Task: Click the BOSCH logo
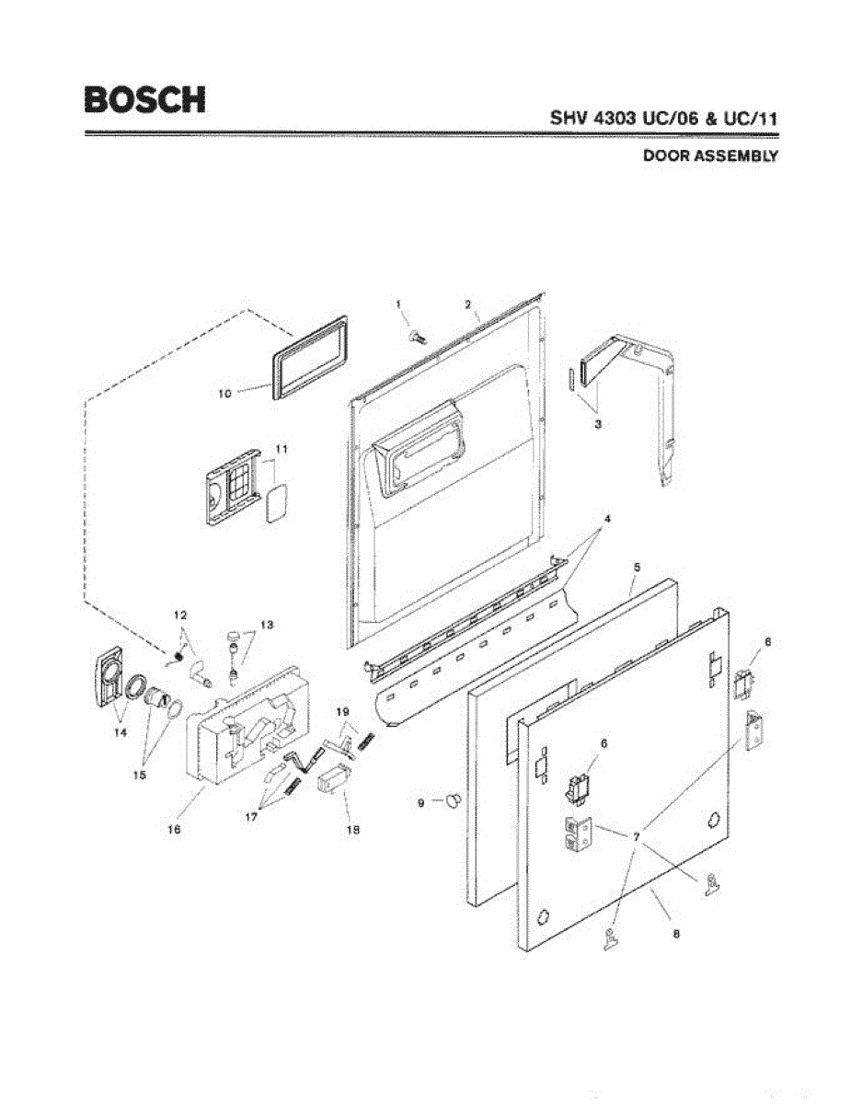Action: (144, 99)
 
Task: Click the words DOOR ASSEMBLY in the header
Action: (709, 156)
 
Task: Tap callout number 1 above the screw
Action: (399, 305)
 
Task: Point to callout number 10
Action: (224, 393)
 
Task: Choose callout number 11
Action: (282, 449)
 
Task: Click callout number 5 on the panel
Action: (635, 566)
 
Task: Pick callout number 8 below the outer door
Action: (676, 934)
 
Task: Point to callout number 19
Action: (341, 713)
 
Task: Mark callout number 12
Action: (181, 615)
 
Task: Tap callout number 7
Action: (636, 837)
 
